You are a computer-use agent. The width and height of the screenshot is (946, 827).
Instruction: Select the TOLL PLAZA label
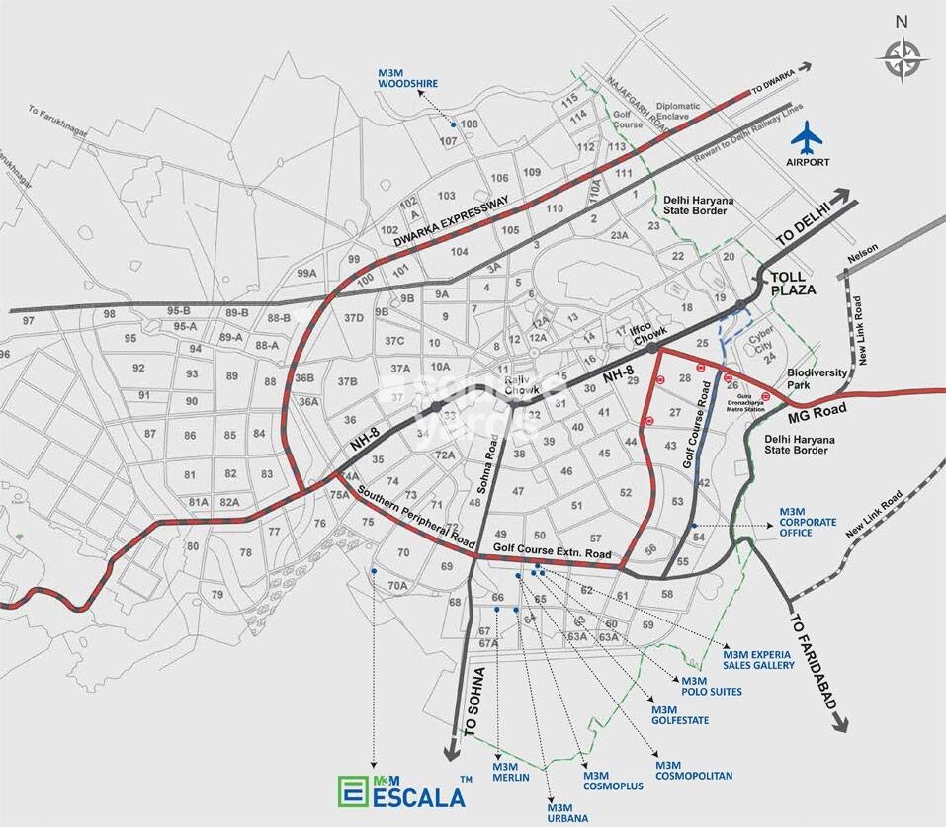coord(794,284)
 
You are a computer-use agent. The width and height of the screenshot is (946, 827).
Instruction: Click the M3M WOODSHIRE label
coord(407,78)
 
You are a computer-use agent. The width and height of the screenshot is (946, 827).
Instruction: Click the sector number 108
coord(470,124)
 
